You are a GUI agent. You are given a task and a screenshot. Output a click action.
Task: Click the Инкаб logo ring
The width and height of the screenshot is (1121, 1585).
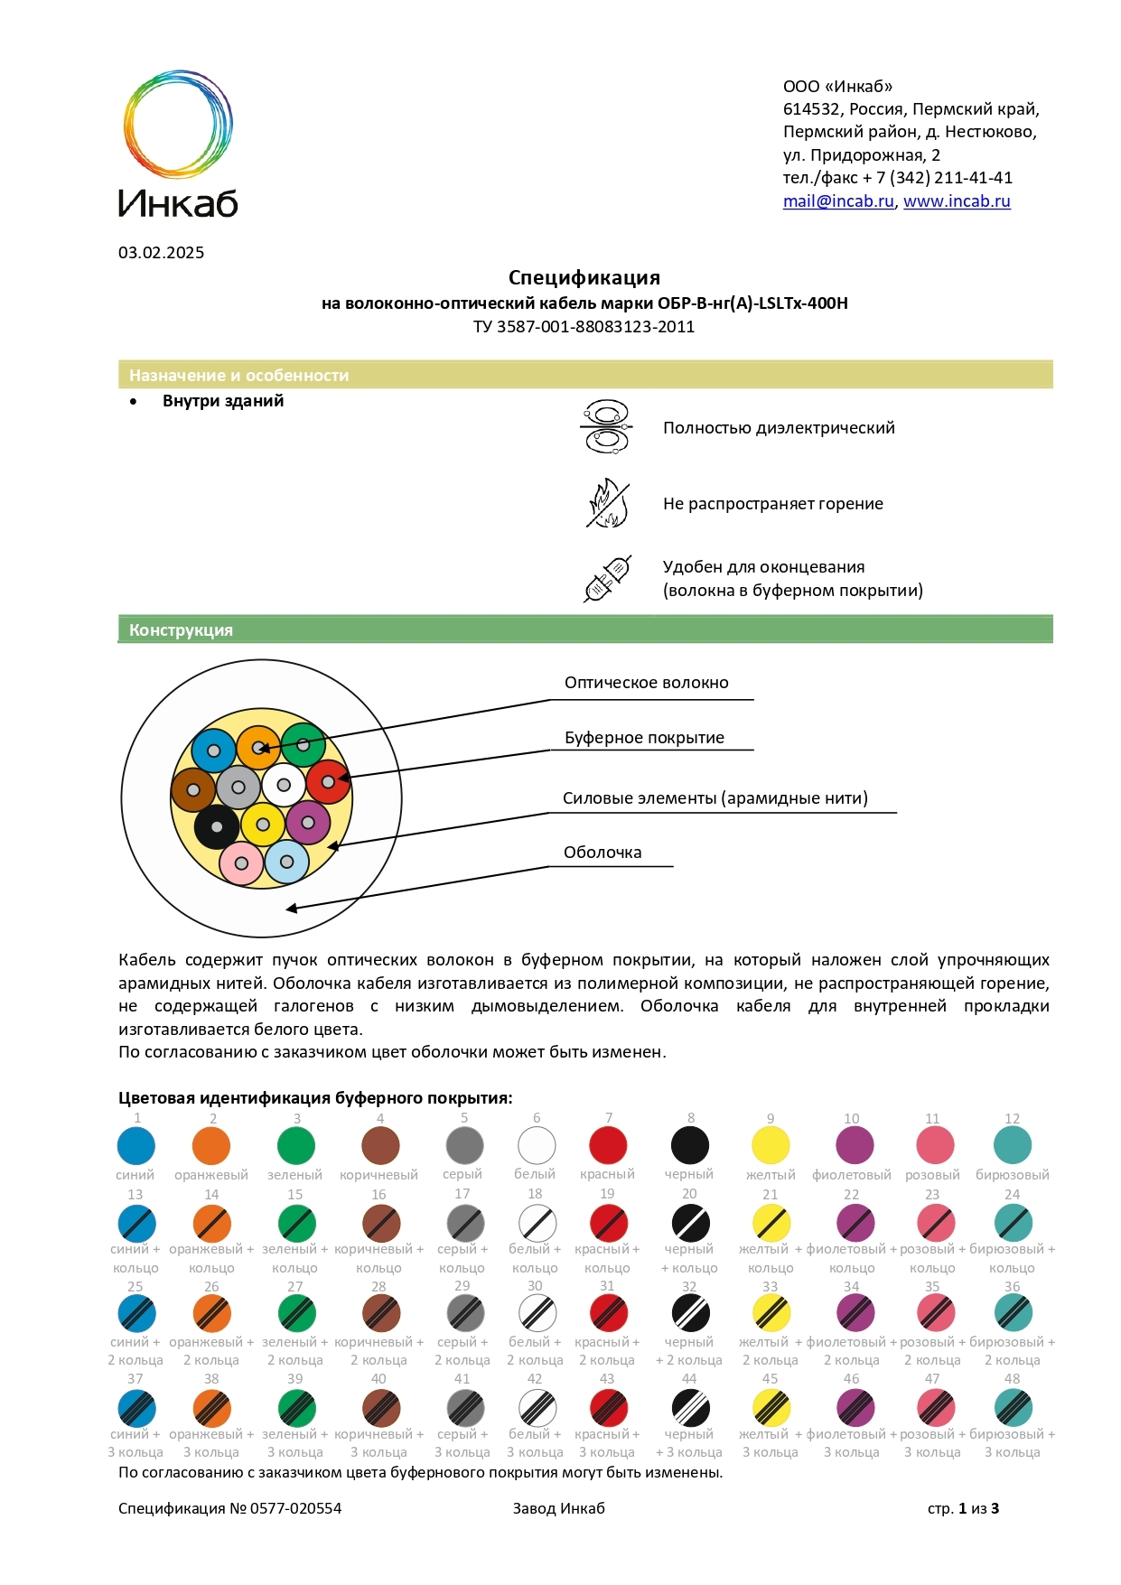pyautogui.click(x=178, y=124)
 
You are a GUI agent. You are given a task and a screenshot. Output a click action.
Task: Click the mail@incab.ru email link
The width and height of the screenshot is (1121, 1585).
pyautogui.click(x=838, y=201)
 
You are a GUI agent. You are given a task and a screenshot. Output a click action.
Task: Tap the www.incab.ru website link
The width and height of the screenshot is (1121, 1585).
pyautogui.click(x=957, y=201)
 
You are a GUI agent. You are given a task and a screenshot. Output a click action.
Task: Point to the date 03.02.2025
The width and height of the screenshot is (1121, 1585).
pyautogui.click(x=161, y=253)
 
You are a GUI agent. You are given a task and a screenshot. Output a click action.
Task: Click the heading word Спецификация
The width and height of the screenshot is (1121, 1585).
pyautogui.click(x=584, y=278)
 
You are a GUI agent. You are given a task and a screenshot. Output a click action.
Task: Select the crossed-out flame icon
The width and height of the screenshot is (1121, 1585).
pyautogui.click(x=607, y=503)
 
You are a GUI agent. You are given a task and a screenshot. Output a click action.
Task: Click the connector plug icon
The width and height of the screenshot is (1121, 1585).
pyautogui.click(x=607, y=579)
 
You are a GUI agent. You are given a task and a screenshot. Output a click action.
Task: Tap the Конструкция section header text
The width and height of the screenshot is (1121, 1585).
pyautogui.click(x=181, y=630)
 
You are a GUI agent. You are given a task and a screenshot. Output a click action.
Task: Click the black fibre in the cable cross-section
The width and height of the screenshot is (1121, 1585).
pyautogui.click(x=217, y=826)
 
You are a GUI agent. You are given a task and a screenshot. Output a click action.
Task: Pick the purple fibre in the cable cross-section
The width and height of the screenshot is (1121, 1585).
pyautogui.click(x=308, y=823)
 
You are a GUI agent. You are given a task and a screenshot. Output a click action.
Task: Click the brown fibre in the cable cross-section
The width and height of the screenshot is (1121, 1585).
pyautogui.click(x=193, y=790)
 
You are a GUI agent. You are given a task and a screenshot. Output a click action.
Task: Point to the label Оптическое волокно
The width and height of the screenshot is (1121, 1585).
pyautogui.click(x=646, y=683)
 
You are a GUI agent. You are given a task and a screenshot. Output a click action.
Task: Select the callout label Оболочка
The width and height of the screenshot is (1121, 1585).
pyautogui.click(x=603, y=853)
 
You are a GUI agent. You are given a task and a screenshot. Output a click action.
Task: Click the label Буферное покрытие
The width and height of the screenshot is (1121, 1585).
pyautogui.click(x=644, y=738)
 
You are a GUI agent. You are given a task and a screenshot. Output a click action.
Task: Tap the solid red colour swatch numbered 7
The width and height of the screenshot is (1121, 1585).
pyautogui.click(x=608, y=1145)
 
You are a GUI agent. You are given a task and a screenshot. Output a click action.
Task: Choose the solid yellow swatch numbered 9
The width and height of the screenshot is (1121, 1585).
pyautogui.click(x=771, y=1145)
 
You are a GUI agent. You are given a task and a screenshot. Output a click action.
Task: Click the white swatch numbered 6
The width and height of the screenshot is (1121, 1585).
pyautogui.click(x=537, y=1145)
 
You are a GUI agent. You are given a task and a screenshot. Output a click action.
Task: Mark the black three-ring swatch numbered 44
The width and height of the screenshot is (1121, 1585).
pyautogui.click(x=690, y=1407)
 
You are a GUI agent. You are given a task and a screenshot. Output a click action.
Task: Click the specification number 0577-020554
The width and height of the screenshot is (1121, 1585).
pyautogui.click(x=295, y=1508)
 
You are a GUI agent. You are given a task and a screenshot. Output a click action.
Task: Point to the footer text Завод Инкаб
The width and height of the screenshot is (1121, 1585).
pyautogui.click(x=558, y=1508)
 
